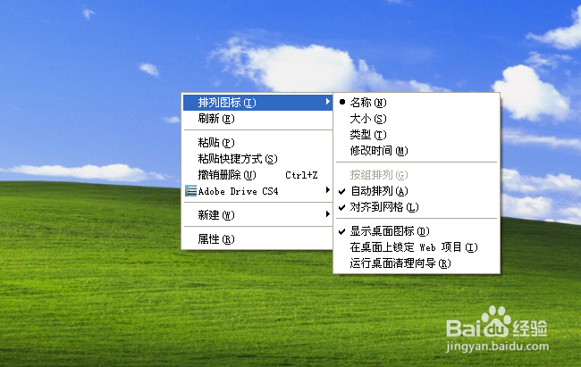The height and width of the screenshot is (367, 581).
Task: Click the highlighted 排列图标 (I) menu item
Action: pyautogui.click(x=227, y=103)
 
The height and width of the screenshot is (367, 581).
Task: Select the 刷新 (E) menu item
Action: pyautogui.click(x=216, y=119)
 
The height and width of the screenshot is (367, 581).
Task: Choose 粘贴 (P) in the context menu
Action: pyautogui.click(x=216, y=143)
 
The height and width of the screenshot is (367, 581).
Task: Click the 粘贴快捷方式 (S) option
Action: pyautogui.click(x=238, y=159)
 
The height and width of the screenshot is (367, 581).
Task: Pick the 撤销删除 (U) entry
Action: pyautogui.click(x=227, y=175)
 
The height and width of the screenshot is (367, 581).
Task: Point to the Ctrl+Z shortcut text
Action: pyautogui.click(x=301, y=175)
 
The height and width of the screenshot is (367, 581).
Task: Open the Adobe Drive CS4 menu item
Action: pyautogui.click(x=238, y=191)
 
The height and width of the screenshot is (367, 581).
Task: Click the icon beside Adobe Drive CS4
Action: pyautogui.click(x=190, y=191)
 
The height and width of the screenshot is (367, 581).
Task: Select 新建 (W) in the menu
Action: pyautogui.click(x=216, y=215)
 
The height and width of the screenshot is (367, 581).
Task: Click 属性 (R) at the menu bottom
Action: pyautogui.click(x=216, y=239)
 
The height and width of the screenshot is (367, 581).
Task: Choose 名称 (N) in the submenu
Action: pyautogui.click(x=368, y=103)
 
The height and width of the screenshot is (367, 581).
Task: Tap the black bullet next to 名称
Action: pyautogui.click(x=342, y=102)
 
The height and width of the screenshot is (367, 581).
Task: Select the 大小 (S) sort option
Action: pyautogui.click(x=368, y=119)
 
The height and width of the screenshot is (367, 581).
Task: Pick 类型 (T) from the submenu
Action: pyautogui.click(x=368, y=135)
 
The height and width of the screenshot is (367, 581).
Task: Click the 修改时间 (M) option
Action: pyautogui.click(x=379, y=151)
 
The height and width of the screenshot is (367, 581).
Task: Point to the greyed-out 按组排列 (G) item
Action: pyautogui.click(x=379, y=175)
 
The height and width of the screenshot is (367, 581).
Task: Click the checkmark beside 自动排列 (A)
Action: pyautogui.click(x=342, y=191)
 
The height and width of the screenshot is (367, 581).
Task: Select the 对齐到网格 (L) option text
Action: pyautogui.click(x=384, y=207)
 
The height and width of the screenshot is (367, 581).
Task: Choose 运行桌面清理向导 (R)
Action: pyautogui.click(x=400, y=263)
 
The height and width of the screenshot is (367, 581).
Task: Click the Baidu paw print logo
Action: pyautogui.click(x=496, y=321)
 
